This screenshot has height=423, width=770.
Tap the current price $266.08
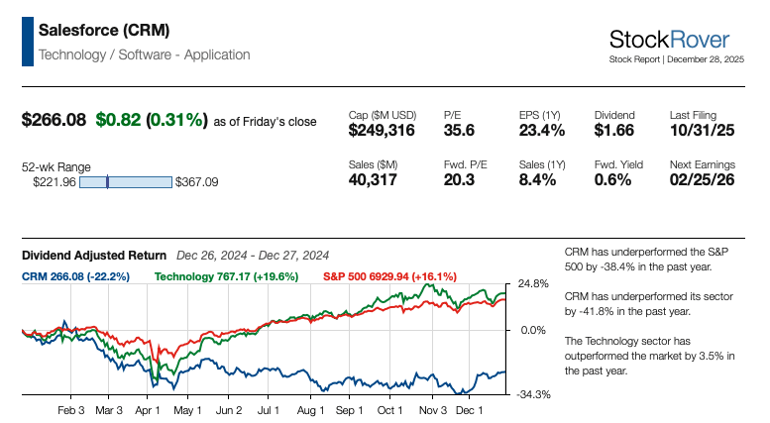point(55,120)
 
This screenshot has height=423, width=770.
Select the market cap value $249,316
point(382,130)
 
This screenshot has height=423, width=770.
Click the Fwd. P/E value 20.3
point(459,179)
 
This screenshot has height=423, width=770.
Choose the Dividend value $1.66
point(614,130)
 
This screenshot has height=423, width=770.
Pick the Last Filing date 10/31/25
point(703,130)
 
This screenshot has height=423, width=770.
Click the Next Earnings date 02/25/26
point(703,179)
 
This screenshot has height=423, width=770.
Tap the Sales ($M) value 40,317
point(373,179)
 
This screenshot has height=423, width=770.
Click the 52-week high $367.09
point(196,182)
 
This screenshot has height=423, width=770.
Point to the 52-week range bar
point(125,182)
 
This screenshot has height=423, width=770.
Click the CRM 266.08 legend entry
point(76,276)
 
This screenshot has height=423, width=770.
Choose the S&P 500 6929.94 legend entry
point(394,276)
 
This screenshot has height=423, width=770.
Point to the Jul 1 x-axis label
point(269,409)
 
